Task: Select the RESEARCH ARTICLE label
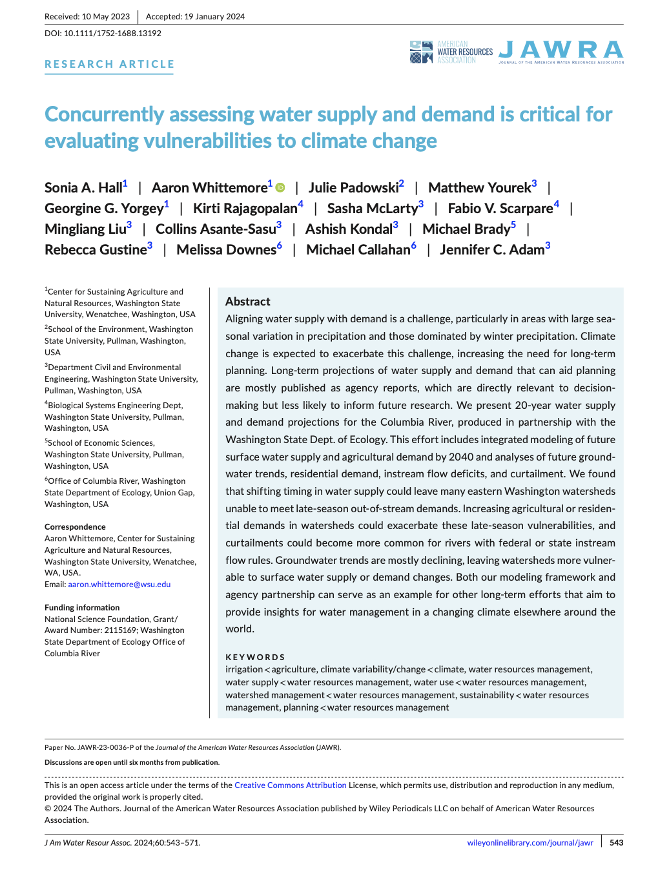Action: click(109, 64)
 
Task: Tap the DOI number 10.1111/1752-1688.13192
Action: click(112, 33)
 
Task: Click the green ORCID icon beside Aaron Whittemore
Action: click(280, 188)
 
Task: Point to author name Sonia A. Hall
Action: click(83, 188)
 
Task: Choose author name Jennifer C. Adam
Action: click(492, 250)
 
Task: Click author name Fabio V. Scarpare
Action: click(500, 209)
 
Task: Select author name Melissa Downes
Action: click(226, 250)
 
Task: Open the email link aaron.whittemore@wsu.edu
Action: click(119, 585)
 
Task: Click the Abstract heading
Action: click(248, 302)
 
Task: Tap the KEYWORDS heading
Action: click(255, 657)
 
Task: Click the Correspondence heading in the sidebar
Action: click(75, 527)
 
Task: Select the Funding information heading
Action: click(82, 608)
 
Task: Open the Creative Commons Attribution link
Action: click(291, 785)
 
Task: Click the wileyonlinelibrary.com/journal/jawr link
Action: click(530, 843)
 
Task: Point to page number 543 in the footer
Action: click(616, 843)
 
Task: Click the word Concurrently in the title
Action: click(104, 114)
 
